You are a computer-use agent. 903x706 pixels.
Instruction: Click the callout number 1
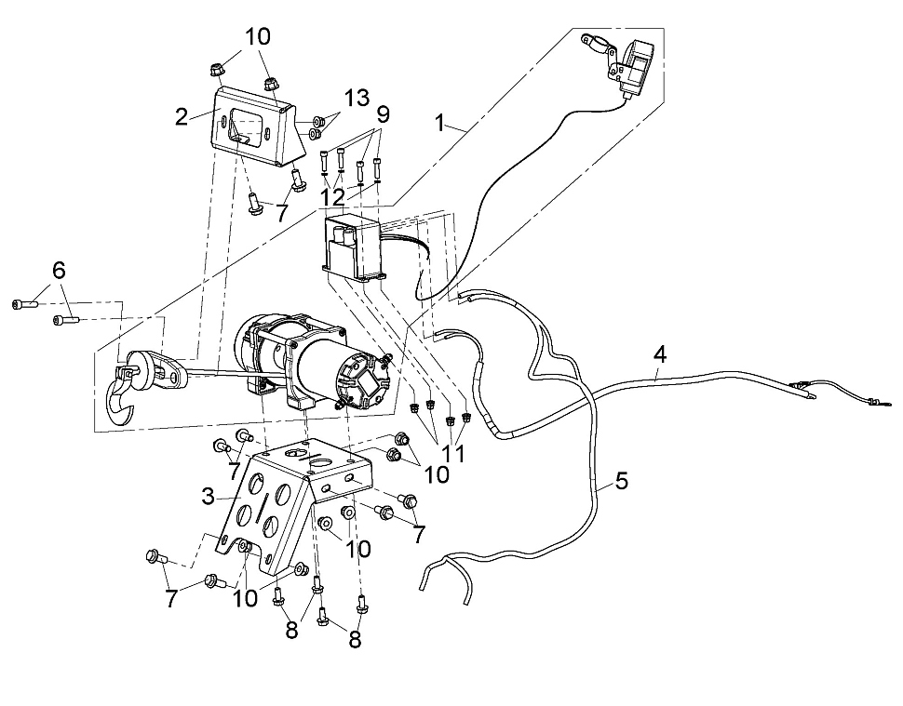click(x=440, y=123)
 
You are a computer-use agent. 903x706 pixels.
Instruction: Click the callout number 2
click(x=182, y=117)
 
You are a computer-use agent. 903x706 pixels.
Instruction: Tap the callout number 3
click(x=208, y=496)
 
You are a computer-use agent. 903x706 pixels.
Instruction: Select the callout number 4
click(x=660, y=354)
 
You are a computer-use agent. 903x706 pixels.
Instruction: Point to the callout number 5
click(x=621, y=481)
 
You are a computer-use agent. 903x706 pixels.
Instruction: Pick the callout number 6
click(x=60, y=270)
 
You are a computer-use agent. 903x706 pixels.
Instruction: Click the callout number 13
click(x=357, y=98)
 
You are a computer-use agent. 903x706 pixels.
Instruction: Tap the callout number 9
click(x=383, y=113)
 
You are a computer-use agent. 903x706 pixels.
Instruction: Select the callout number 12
click(x=332, y=197)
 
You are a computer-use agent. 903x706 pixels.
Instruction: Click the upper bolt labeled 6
click(x=25, y=304)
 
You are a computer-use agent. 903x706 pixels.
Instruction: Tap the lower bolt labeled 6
click(x=66, y=319)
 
